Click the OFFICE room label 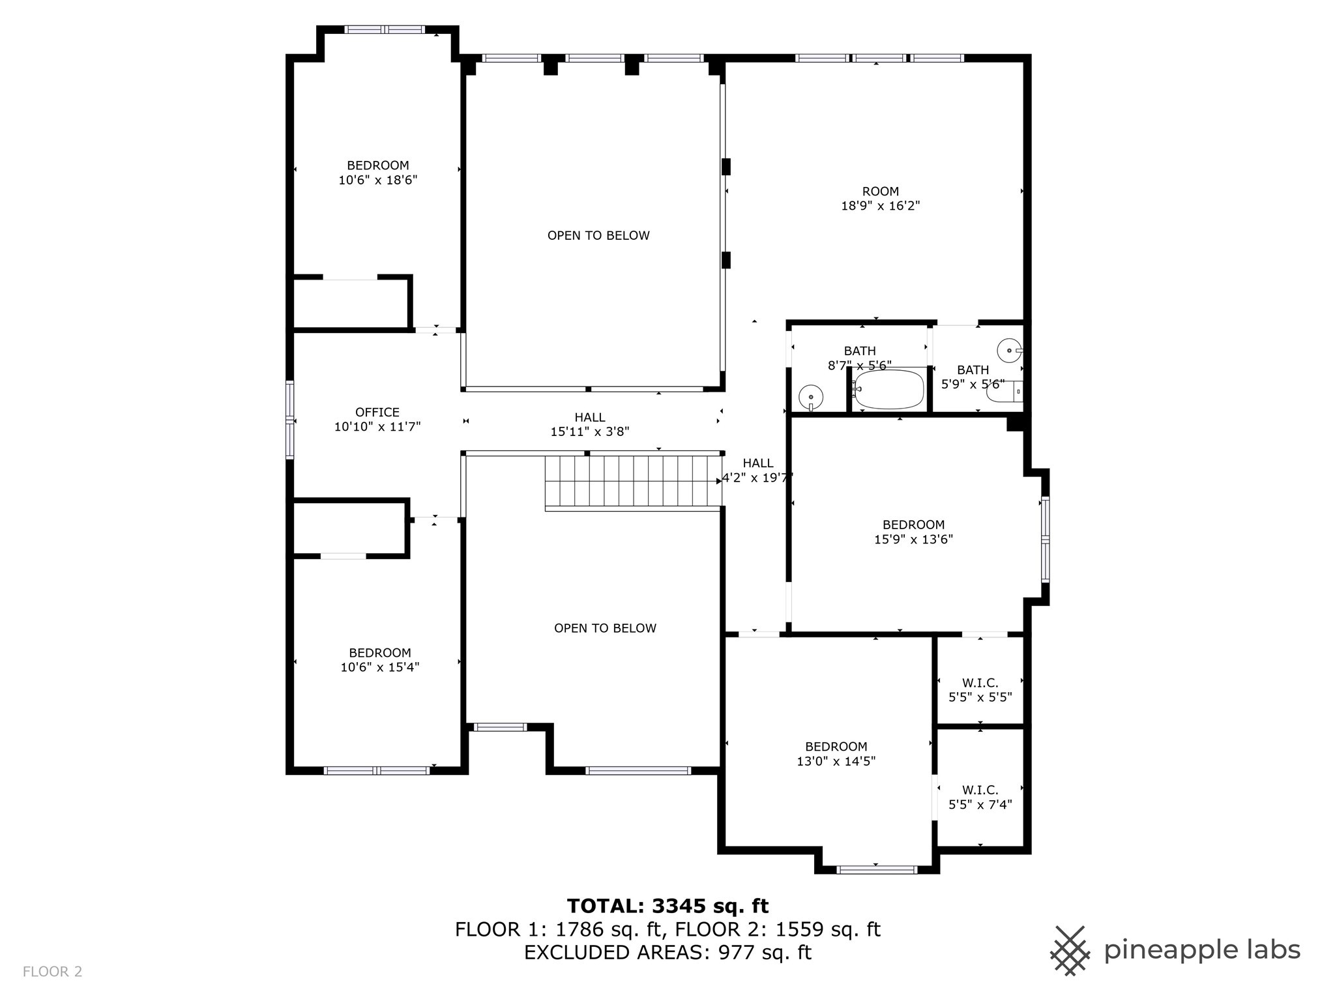coord(377,413)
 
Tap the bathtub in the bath coord(889,390)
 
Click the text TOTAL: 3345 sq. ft coord(667,906)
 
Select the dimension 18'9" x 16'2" coord(880,206)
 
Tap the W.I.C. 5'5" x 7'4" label coord(980,797)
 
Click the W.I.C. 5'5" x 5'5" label coord(980,689)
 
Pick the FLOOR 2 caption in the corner coord(52,972)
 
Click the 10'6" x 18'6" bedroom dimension coord(377,180)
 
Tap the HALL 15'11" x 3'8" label coord(589,424)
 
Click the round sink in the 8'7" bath coord(811,396)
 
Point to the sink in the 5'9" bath coord(1010,351)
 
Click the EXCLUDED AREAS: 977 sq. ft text coord(667,952)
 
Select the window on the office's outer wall coord(290,420)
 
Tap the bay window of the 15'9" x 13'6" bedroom coord(1045,539)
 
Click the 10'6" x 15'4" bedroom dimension coord(379,667)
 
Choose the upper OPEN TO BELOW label coord(598,235)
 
